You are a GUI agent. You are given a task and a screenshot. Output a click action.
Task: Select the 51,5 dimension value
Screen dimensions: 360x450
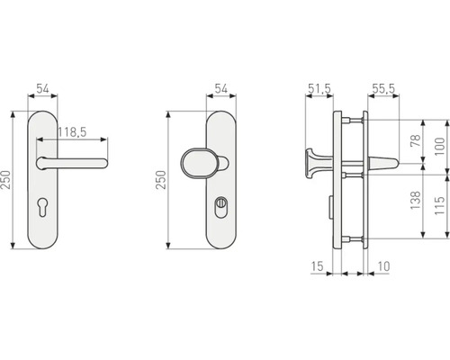click(319, 88)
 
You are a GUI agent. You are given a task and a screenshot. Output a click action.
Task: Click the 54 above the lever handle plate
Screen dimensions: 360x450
click(43, 88)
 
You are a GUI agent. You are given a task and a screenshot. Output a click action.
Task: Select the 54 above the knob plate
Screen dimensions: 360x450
click(220, 88)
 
